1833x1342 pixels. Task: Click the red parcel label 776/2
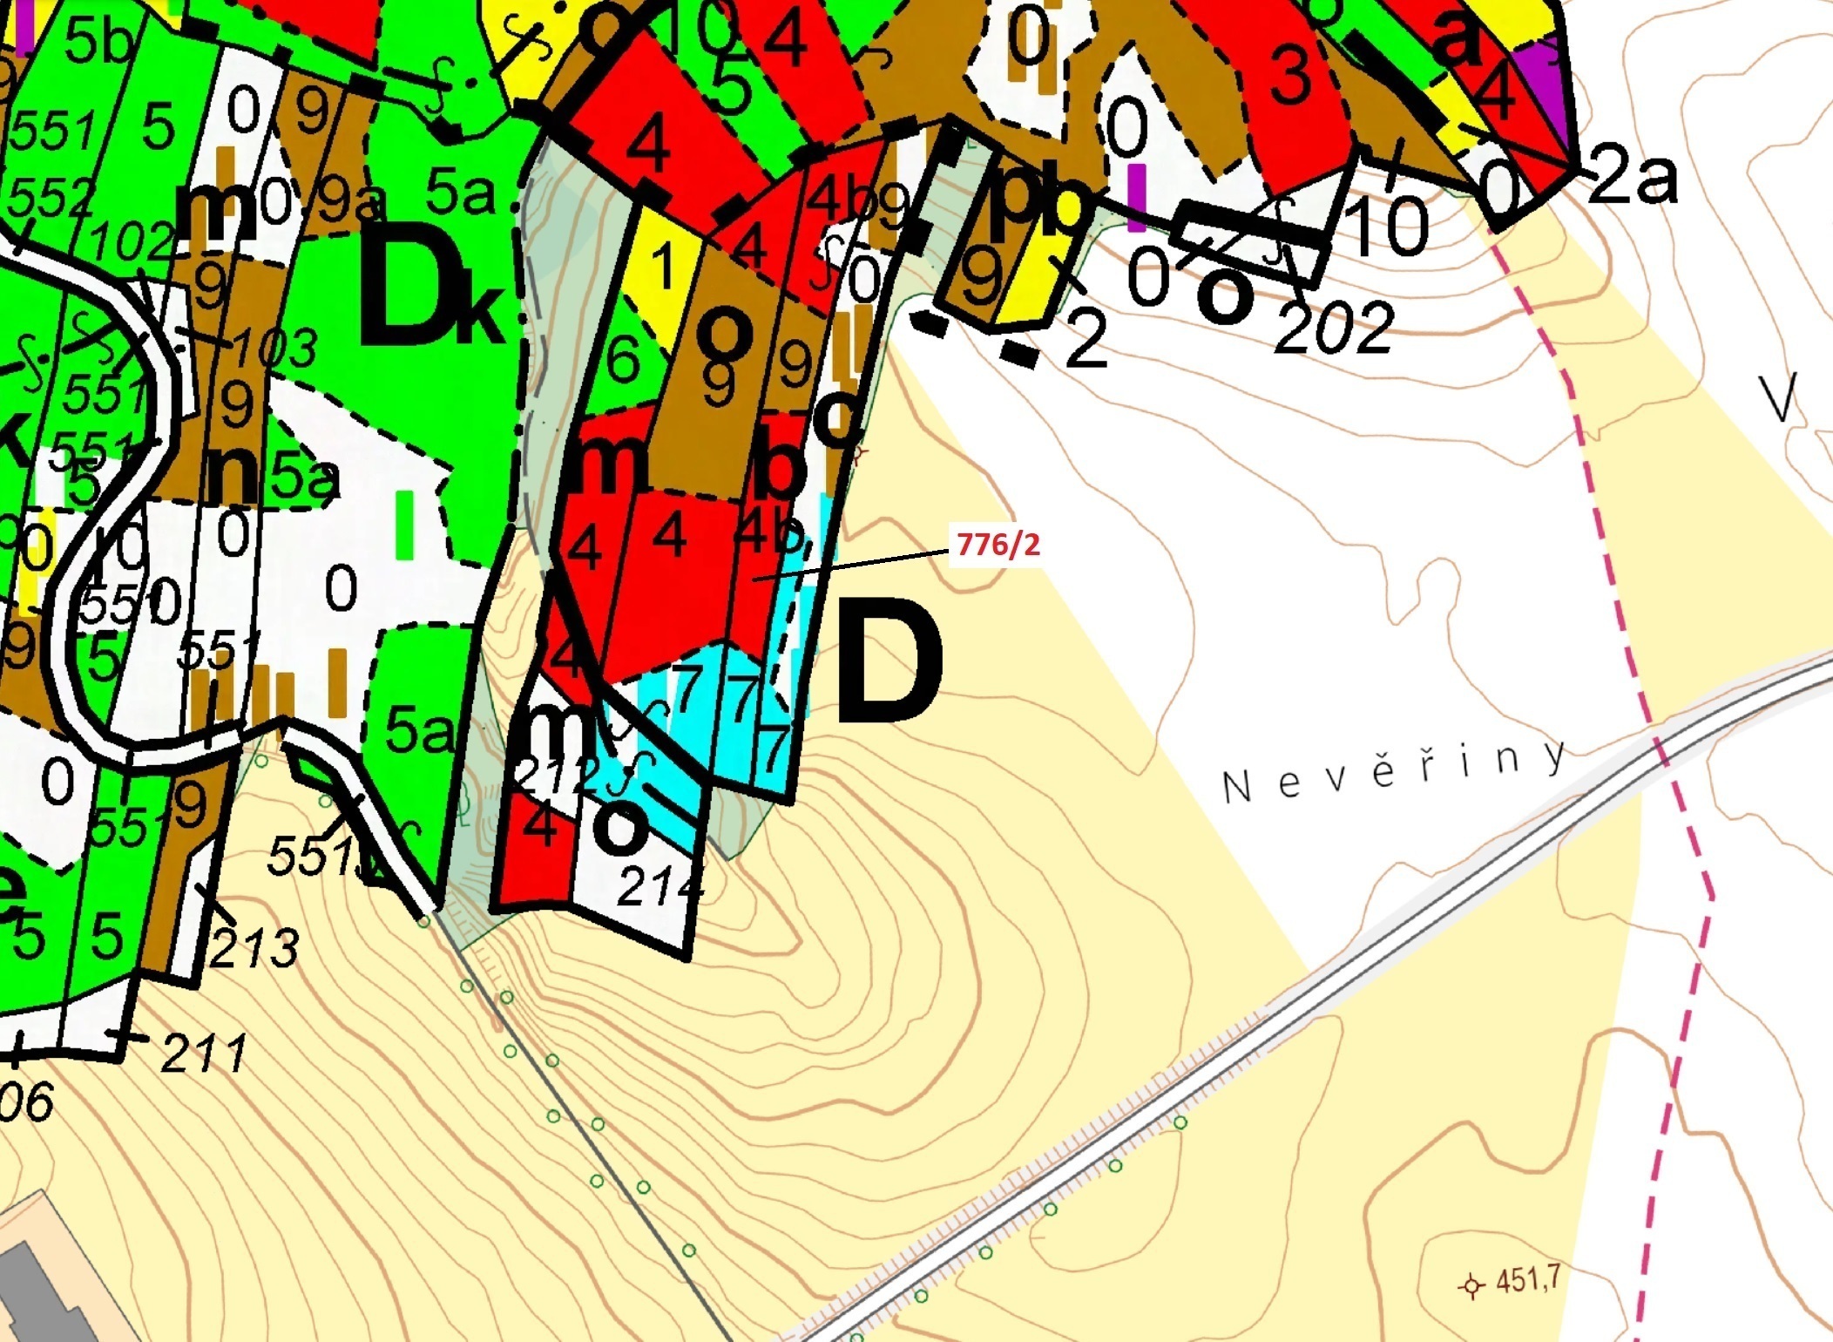(x=998, y=545)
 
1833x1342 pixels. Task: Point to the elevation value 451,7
(x=1527, y=1280)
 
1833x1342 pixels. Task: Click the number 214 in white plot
(x=659, y=886)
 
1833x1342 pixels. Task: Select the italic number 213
(x=254, y=947)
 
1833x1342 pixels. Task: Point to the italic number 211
(x=204, y=1052)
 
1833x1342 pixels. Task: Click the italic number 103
(x=274, y=349)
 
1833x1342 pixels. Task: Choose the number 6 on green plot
(x=623, y=357)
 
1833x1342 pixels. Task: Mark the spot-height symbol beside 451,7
(x=1471, y=1285)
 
